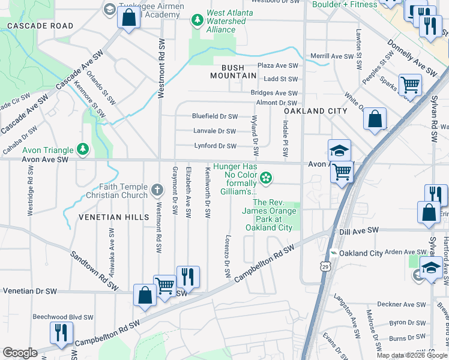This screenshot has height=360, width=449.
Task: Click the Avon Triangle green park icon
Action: (83, 149)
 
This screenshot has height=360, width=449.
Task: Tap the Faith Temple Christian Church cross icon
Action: (157, 190)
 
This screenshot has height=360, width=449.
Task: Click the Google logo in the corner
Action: (20, 353)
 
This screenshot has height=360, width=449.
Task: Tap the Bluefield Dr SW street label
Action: (214, 116)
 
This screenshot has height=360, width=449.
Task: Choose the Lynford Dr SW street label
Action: (215, 146)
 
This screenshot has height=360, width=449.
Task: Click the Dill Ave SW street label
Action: (359, 230)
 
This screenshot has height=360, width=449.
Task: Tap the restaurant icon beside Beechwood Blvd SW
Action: (61, 333)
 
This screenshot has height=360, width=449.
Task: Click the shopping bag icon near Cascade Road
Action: (129, 17)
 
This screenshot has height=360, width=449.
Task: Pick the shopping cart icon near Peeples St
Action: (410, 85)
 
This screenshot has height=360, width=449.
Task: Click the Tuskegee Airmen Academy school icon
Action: (109, 8)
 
